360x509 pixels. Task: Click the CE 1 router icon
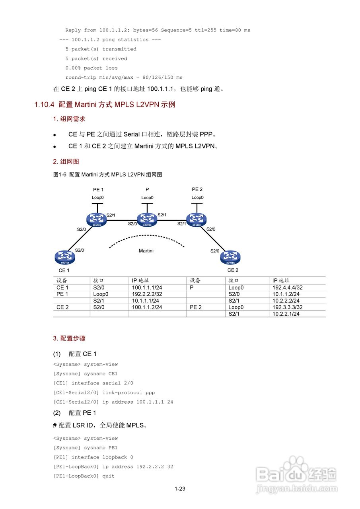point(65,257)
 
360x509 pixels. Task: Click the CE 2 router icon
point(230,257)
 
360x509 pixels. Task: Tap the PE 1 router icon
point(97,219)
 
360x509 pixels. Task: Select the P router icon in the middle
point(147,219)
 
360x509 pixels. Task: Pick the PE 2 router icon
point(197,219)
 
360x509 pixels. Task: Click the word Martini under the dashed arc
point(146,251)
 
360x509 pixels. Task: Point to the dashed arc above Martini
point(147,237)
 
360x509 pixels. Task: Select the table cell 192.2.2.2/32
point(147,294)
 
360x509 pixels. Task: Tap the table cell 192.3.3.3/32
point(288,307)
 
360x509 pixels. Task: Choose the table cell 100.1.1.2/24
point(147,307)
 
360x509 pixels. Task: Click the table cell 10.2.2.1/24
point(286,314)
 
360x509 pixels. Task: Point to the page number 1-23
point(180,489)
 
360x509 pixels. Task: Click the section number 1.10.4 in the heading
point(44,105)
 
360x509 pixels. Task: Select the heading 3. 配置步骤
point(69,338)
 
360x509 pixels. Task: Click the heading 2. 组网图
point(66,161)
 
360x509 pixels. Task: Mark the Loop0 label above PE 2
point(197,198)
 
